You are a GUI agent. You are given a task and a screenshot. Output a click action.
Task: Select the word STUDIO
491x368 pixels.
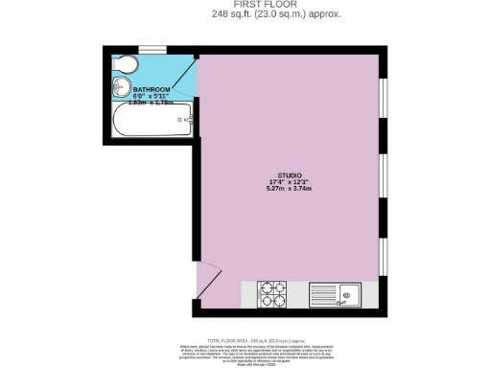click(x=289, y=175)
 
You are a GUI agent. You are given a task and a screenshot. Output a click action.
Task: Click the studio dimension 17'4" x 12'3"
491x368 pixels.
click(x=289, y=182)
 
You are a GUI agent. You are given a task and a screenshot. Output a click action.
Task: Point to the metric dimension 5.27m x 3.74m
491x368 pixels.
click(x=289, y=190)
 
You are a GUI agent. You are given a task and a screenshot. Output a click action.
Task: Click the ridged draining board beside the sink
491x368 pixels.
click(x=322, y=292)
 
